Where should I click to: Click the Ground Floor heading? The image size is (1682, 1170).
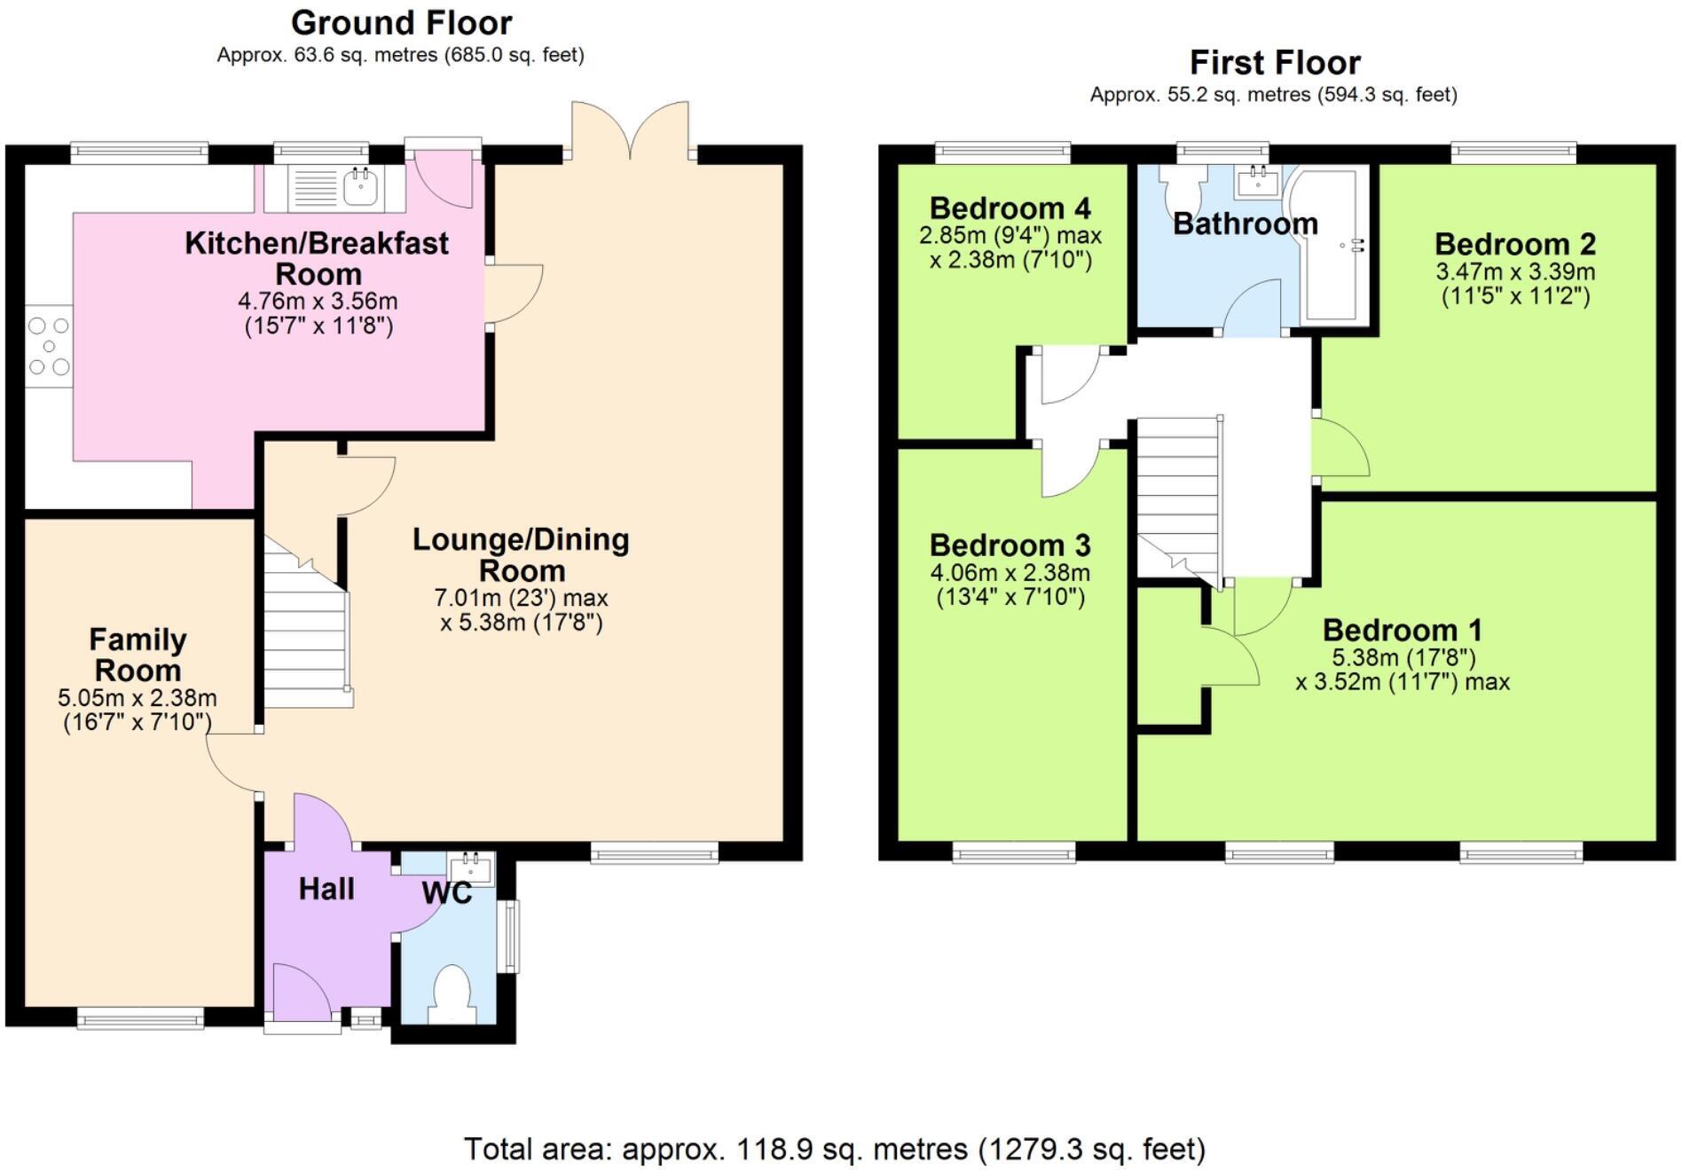coord(401,22)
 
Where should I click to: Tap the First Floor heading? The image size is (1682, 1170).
coord(1274,62)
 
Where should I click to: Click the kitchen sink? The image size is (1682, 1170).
coord(360,186)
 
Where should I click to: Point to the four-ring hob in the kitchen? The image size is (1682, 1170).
coord(48,346)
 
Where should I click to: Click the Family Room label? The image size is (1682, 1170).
coord(138,654)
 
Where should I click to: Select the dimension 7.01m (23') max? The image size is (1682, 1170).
coord(521,597)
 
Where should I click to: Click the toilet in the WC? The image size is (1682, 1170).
coord(450,993)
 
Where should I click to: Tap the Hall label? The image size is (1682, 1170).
coord(326,889)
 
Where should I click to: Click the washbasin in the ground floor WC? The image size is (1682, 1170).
coord(470,866)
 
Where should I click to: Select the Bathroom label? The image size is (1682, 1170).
coord(1245,224)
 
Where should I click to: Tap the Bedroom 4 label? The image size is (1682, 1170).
coord(1010,208)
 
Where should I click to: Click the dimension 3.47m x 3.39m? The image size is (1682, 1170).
coord(1515,271)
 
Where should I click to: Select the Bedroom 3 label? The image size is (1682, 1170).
coord(1010,545)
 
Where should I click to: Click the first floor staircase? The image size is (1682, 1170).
coord(1178,497)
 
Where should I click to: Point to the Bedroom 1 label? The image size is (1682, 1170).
coord(1402,630)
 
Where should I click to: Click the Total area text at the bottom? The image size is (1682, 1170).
coord(834,1149)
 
